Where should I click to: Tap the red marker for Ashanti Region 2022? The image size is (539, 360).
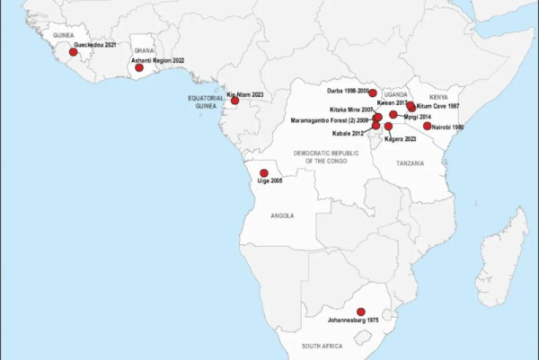tap(139, 67)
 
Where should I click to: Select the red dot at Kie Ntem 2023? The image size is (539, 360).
tap(235, 101)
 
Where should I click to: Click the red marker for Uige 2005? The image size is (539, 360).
tap(263, 173)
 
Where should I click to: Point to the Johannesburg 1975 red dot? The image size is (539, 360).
tap(361, 312)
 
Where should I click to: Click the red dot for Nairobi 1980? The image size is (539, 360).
tap(428, 127)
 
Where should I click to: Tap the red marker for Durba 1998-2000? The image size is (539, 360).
tap(373, 92)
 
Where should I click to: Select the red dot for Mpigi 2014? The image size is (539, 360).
tap(393, 114)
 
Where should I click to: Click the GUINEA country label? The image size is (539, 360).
tap(62, 35)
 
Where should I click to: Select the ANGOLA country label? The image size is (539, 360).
tap(281, 216)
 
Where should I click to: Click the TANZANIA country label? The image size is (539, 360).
tap(410, 163)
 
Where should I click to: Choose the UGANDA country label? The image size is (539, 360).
tap(396, 94)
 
